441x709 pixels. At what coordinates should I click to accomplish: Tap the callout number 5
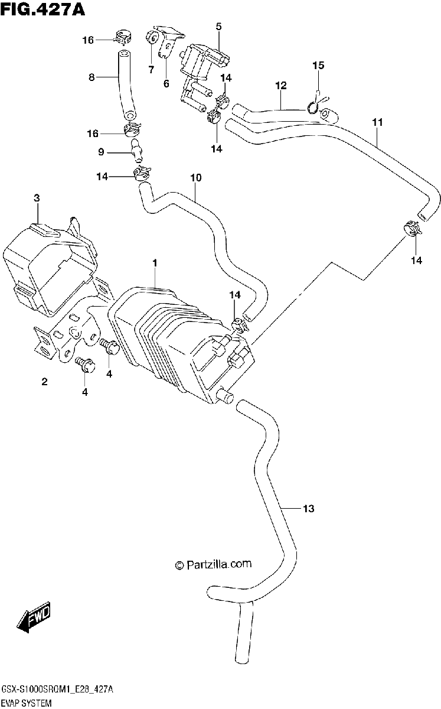[x=219, y=27]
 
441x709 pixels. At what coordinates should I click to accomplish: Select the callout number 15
[x=318, y=65]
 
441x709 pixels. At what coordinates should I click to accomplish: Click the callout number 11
[x=377, y=122]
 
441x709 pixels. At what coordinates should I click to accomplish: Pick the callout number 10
[x=196, y=178]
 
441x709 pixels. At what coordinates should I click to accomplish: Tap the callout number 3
[x=37, y=199]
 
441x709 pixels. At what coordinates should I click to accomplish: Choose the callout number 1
[x=155, y=263]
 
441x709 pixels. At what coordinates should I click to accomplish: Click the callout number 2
[x=44, y=382]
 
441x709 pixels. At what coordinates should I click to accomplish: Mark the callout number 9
[x=101, y=152]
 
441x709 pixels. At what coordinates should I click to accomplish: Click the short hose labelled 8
[x=126, y=85]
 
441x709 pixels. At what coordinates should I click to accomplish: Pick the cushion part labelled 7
[x=152, y=38]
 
